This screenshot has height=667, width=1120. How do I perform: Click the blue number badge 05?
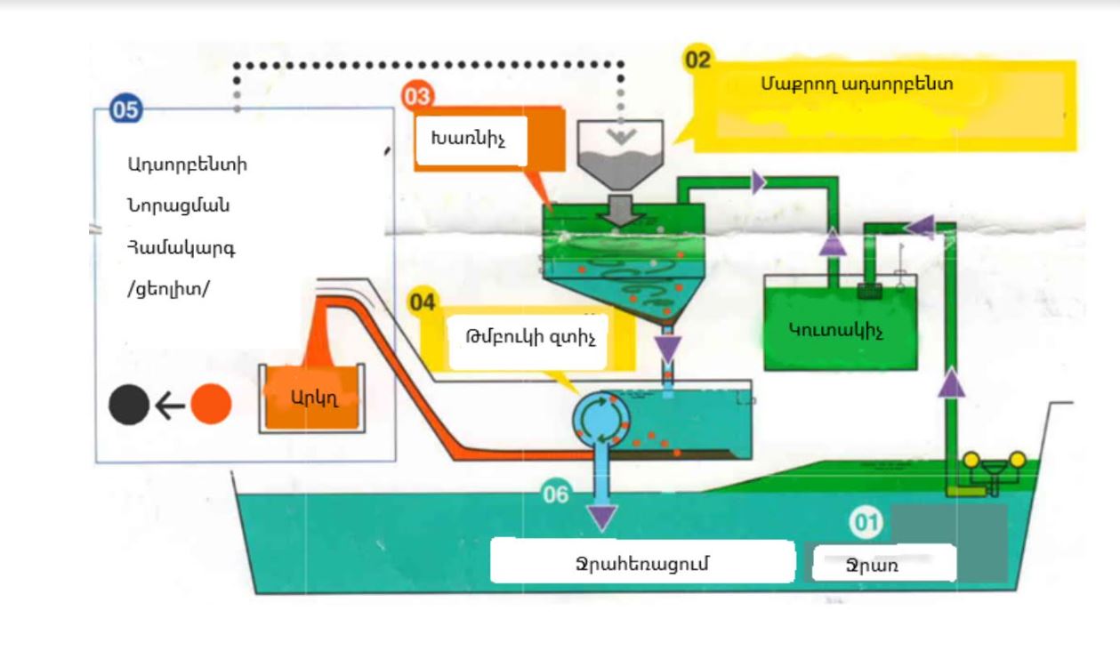point(125,109)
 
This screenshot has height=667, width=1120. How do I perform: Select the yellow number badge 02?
point(697,60)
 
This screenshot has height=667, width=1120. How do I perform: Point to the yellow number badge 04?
point(423,303)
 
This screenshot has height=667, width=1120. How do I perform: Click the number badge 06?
point(555,494)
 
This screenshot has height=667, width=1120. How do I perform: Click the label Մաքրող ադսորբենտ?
point(857,84)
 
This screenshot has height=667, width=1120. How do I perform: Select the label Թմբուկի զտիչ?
point(529,338)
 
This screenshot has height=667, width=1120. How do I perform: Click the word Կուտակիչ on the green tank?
point(823,328)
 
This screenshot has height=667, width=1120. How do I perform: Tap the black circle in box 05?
point(129,406)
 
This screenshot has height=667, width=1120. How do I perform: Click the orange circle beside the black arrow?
point(212,405)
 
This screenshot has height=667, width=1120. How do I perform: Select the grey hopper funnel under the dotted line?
point(621,151)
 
